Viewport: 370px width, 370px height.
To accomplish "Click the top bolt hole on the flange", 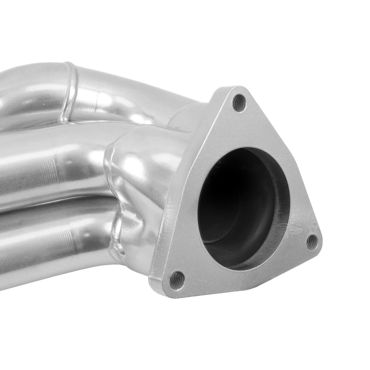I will click(x=239, y=103).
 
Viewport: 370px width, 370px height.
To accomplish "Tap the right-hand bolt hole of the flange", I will click(x=312, y=241).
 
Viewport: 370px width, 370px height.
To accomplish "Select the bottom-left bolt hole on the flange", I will click(x=176, y=279).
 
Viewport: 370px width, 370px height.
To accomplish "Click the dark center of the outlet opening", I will click(x=231, y=203).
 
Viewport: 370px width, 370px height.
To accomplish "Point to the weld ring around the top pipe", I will click(x=69, y=92).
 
